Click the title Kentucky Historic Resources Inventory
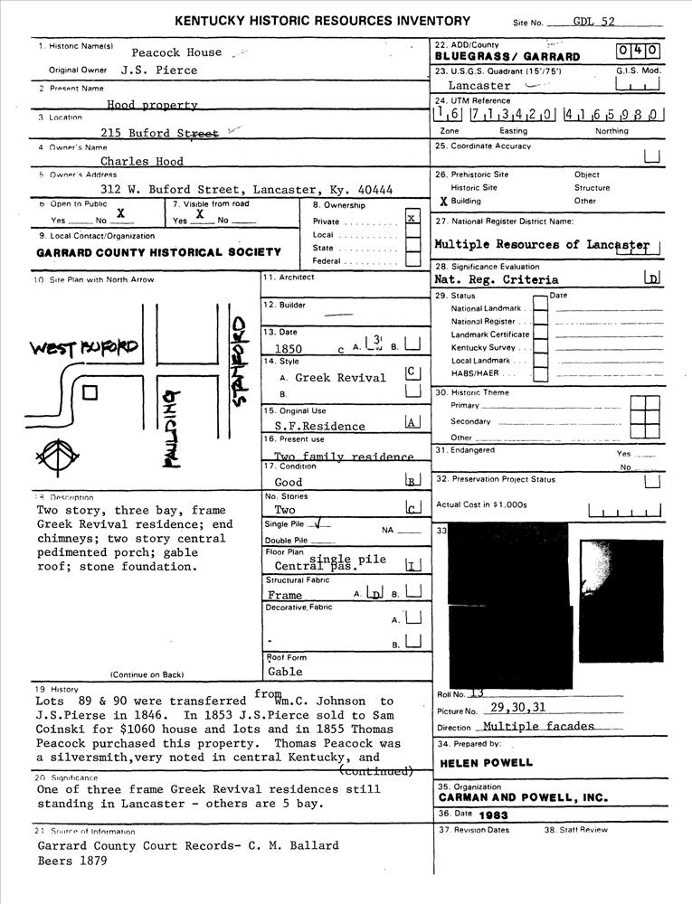[322, 21]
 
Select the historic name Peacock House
[175, 52]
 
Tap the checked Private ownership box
[412, 218]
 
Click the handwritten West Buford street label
[84, 348]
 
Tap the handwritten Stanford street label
[240, 362]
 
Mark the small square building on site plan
[90, 393]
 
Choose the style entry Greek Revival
[340, 378]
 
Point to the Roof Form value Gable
[285, 672]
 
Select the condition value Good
[288, 483]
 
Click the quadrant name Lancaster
[479, 86]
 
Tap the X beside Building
[443, 202]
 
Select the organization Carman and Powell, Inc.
[523, 798]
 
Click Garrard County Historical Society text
[158, 252]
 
